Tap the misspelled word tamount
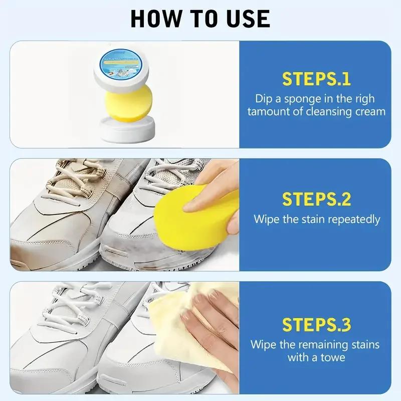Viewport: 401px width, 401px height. point(268,111)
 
